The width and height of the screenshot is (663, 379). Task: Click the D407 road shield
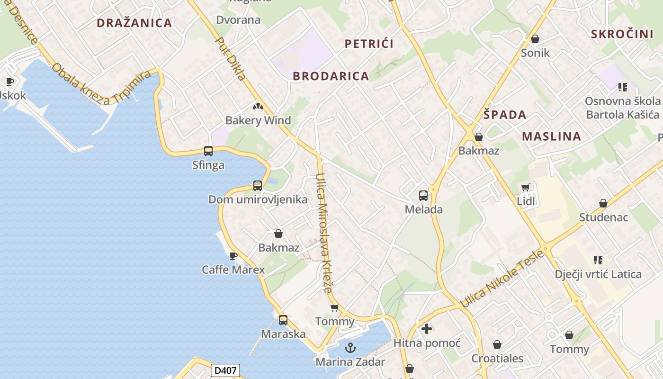coord(225,370)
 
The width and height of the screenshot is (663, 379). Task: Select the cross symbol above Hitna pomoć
coord(427,328)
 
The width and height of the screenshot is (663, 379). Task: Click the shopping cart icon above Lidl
coord(525,188)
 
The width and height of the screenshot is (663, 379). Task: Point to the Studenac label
coord(604,217)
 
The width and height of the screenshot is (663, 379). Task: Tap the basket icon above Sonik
coord(535,39)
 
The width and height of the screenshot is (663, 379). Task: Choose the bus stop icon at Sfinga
coord(208,151)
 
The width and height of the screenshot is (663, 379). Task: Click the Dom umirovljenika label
coord(258,199)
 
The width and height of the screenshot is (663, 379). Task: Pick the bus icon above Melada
coord(423,195)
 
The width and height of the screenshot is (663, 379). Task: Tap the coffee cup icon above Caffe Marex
coord(233,256)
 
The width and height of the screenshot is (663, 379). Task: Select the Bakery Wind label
coord(258,120)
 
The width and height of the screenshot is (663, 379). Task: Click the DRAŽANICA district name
coord(134,23)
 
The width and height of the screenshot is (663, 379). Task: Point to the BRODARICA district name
coord(331,76)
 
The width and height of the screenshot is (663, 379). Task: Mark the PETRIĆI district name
coord(369,44)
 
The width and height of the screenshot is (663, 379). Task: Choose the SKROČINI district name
coord(622,34)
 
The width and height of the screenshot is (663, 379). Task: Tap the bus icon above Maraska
coord(283,320)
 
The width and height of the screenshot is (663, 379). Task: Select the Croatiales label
coord(497,358)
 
